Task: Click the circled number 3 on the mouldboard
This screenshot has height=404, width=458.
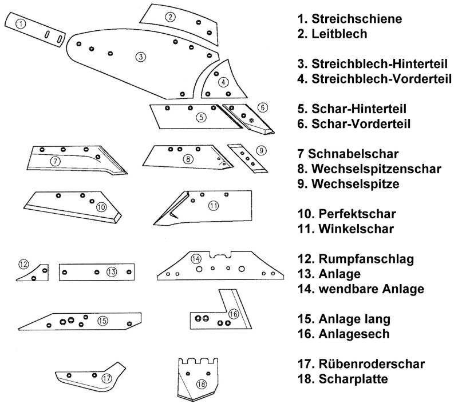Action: [139, 56]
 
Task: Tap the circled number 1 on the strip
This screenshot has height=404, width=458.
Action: [21, 24]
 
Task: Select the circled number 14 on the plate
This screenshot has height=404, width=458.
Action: [196, 259]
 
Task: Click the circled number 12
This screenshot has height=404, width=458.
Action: [23, 264]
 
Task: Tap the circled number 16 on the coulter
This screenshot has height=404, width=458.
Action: [232, 314]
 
